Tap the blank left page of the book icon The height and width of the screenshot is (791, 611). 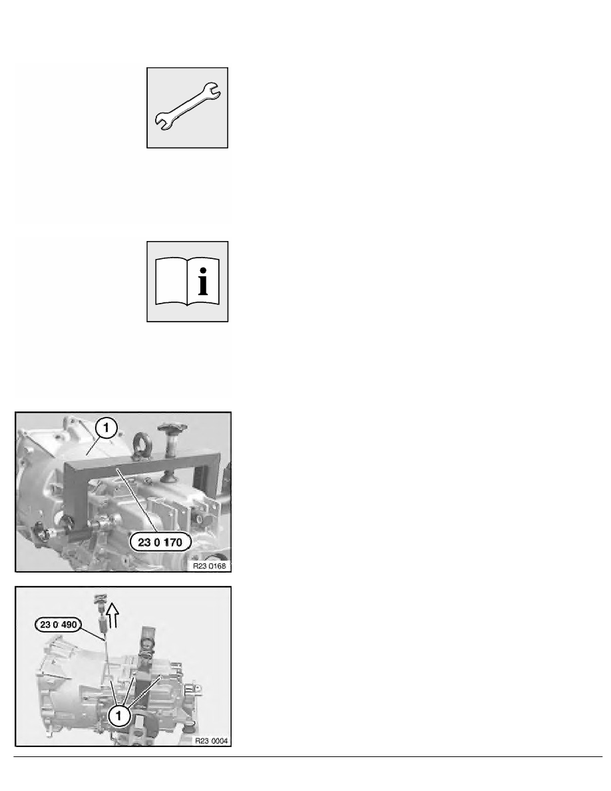pyautogui.click(x=170, y=283)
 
